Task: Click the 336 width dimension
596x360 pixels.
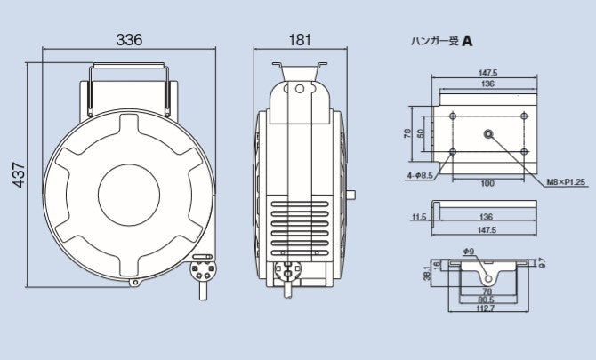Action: tap(129, 40)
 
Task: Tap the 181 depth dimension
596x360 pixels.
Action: tap(299, 40)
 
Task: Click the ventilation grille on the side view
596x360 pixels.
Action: tap(300, 227)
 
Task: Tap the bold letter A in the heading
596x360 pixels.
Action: tap(468, 41)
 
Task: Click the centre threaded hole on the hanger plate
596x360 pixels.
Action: tap(487, 133)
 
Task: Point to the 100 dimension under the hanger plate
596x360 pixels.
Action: tap(486, 183)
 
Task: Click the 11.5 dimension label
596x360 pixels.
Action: tap(418, 215)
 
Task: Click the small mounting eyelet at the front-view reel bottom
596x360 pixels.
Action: tap(135, 284)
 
